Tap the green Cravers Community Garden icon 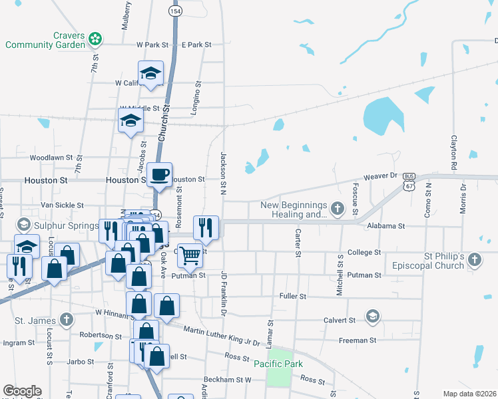coord(96,38)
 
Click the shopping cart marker coord(190,255)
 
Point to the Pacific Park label coord(278,364)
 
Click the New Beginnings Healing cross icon coord(338,209)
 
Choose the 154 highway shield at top coord(175,11)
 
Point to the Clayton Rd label coord(454,152)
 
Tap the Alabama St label coord(385,226)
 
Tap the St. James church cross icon coord(65,321)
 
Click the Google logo coord(22,391)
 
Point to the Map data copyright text coord(469,394)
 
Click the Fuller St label coord(293,295)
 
